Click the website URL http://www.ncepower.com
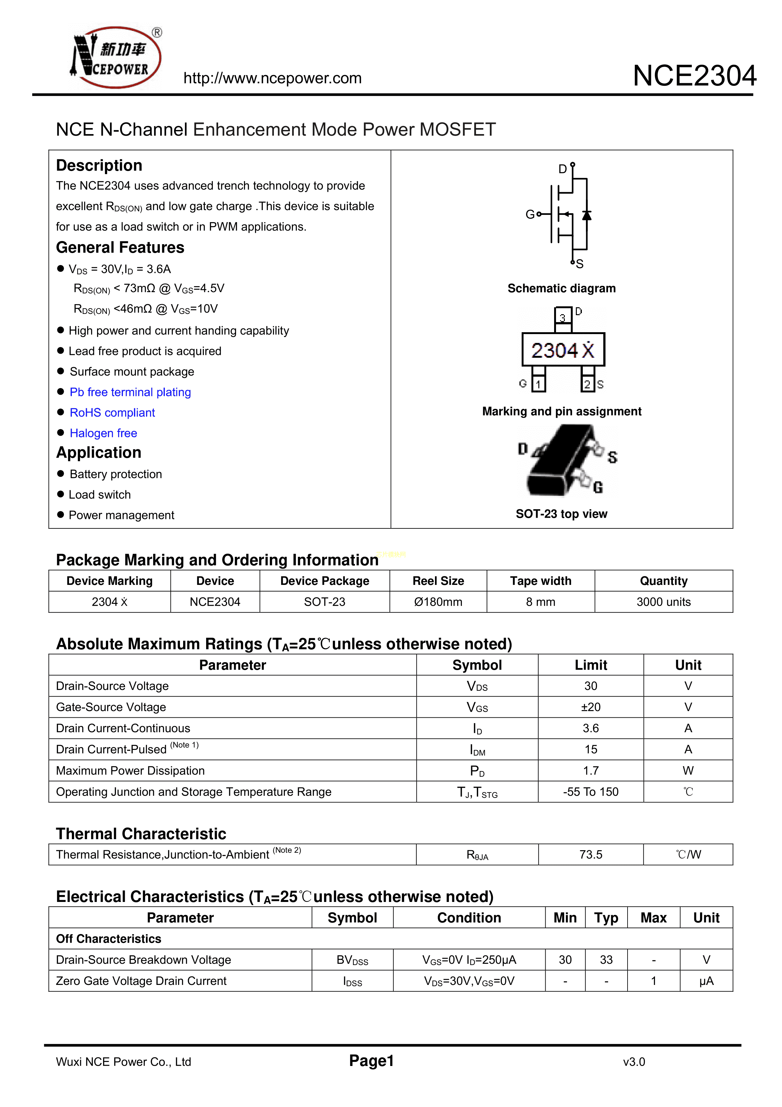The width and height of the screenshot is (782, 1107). [x=272, y=78]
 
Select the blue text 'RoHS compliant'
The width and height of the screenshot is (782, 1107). [x=112, y=413]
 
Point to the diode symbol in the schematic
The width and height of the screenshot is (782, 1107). [x=586, y=215]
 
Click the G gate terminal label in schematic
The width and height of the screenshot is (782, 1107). [x=530, y=214]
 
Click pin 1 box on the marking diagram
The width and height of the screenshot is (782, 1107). [x=538, y=384]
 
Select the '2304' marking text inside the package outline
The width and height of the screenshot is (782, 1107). [x=554, y=350]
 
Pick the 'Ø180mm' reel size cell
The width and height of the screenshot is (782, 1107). [x=438, y=602]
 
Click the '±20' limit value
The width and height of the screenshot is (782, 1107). [x=590, y=707]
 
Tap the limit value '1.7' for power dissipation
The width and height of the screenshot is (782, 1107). [x=590, y=770]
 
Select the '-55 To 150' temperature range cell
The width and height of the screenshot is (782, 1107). [x=590, y=792]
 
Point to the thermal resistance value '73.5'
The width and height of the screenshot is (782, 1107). [x=590, y=854]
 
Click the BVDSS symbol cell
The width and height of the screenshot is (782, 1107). [x=352, y=960]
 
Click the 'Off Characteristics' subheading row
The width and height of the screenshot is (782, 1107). [x=108, y=939]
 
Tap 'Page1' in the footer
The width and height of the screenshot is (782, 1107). [x=372, y=1061]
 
